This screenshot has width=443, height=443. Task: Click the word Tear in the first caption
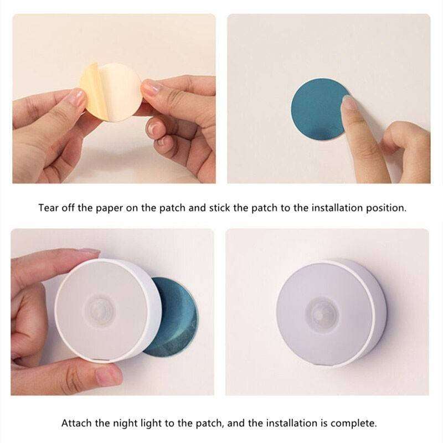pos(48,209)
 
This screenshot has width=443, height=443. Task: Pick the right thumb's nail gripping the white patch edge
pos(151,87)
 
